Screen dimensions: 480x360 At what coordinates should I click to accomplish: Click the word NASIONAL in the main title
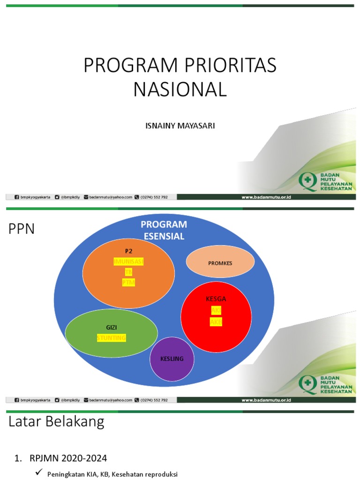click(x=180, y=89)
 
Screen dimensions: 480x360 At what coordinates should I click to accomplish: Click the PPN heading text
click(x=22, y=230)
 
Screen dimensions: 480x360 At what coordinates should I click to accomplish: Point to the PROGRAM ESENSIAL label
click(x=164, y=230)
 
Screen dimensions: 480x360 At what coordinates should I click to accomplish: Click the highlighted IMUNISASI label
click(x=128, y=261)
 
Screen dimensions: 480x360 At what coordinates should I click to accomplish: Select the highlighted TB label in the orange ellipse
click(x=128, y=272)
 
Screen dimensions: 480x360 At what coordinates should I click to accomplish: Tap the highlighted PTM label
click(x=128, y=283)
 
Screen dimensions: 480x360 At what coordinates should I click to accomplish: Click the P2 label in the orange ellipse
click(x=128, y=251)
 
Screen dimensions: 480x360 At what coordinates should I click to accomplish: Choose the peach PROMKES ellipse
click(x=220, y=262)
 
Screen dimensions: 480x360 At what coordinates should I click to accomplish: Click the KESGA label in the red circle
click(x=216, y=299)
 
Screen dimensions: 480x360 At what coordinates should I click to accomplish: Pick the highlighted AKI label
click(x=216, y=310)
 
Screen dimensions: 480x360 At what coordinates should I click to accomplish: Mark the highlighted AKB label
click(x=216, y=322)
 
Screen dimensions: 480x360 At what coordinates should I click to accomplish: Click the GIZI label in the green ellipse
click(x=111, y=327)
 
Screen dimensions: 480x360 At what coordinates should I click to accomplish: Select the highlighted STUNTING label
click(x=112, y=338)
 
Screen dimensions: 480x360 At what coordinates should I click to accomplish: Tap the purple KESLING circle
click(x=172, y=359)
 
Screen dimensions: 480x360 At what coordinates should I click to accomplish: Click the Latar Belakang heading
click(x=56, y=422)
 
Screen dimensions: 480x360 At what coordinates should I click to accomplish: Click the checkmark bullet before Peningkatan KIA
click(x=39, y=473)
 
